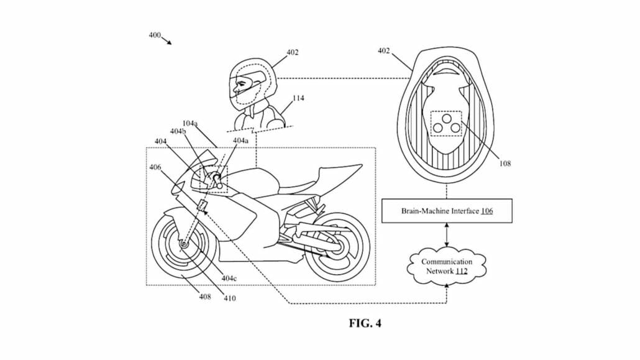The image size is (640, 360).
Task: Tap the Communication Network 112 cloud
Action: (x=447, y=266)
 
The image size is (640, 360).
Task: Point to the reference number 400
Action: (x=155, y=35)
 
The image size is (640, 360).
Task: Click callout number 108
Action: (x=505, y=164)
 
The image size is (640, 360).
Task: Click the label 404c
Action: (x=229, y=278)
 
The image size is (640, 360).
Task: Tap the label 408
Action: (x=204, y=297)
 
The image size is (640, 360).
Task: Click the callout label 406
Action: (x=155, y=167)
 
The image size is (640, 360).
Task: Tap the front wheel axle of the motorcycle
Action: (x=185, y=245)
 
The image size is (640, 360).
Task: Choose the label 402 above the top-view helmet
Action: (x=384, y=51)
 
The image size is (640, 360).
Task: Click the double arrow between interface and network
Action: (x=447, y=236)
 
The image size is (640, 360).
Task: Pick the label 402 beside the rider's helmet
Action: (x=292, y=52)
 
